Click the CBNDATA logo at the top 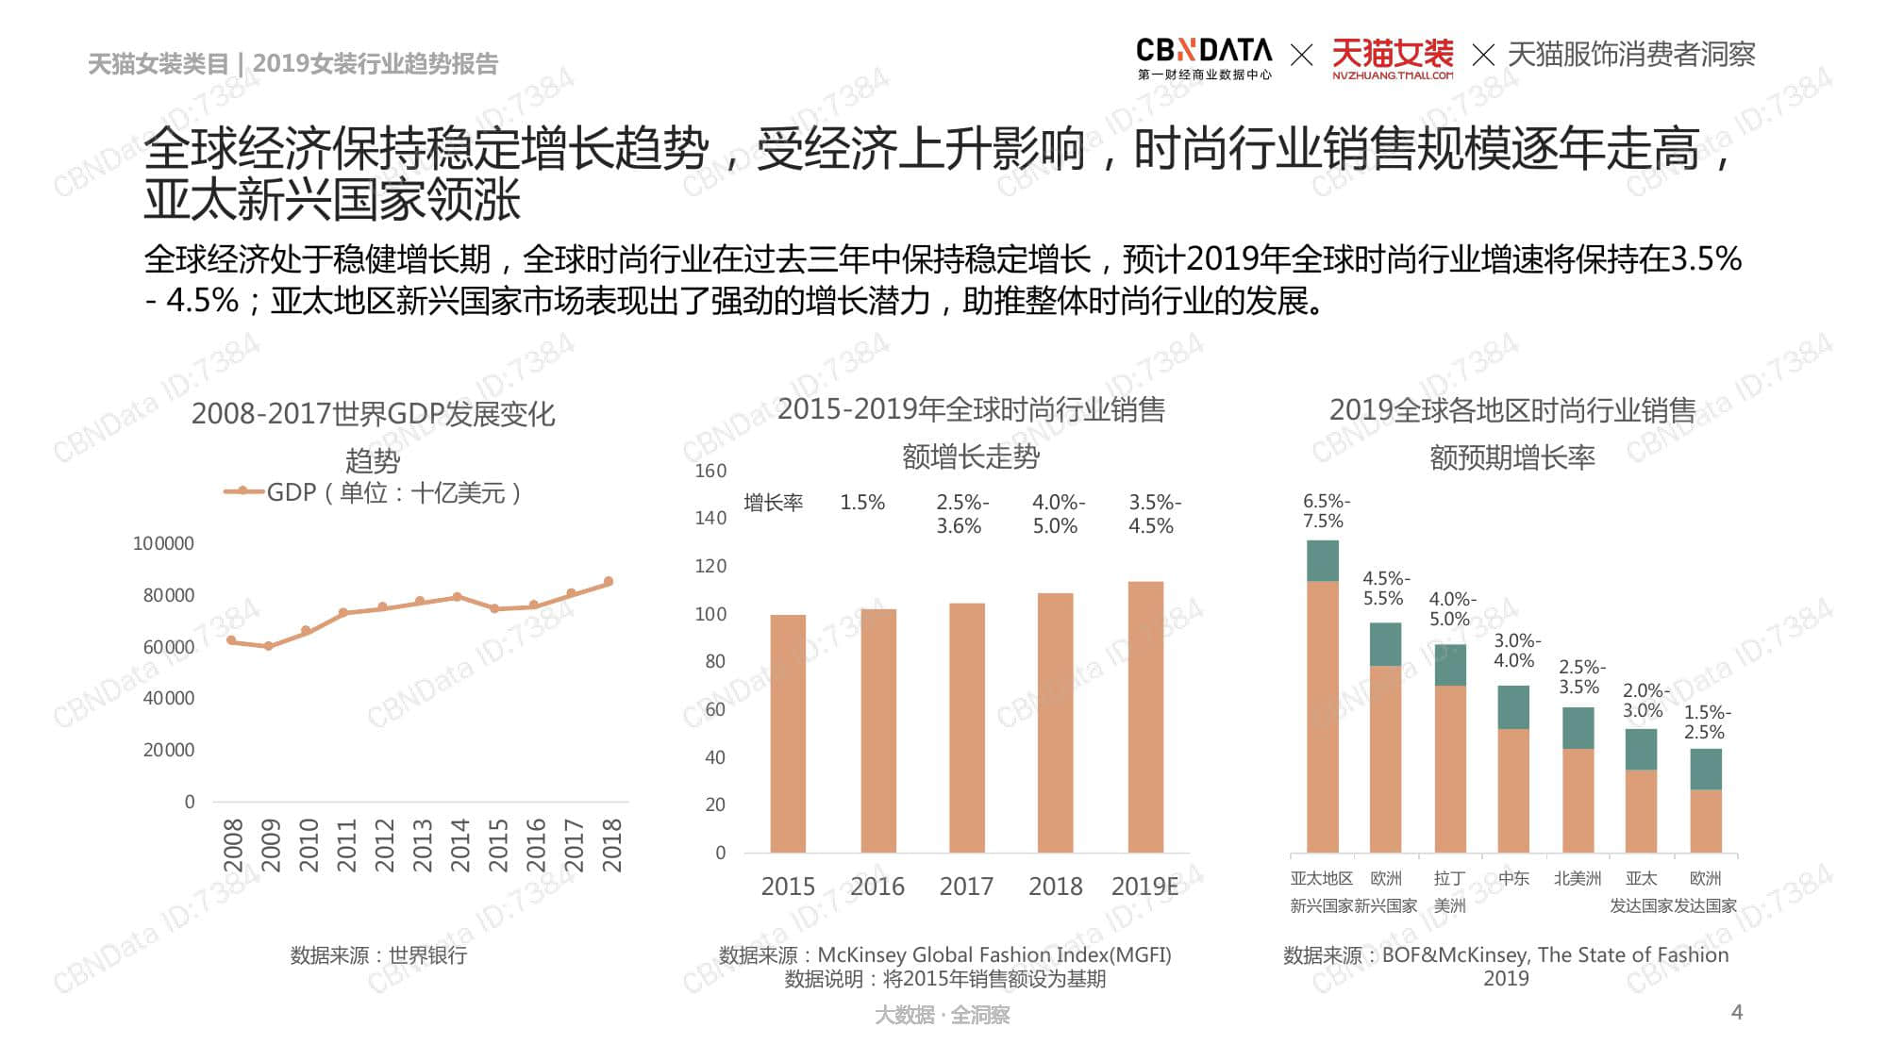click(1203, 57)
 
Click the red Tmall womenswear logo click(1392, 57)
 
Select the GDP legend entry click(373, 492)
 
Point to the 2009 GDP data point click(269, 646)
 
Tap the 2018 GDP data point click(609, 582)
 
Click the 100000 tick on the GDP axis click(163, 543)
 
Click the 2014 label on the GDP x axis click(459, 844)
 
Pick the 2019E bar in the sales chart click(1145, 717)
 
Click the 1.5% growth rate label click(862, 503)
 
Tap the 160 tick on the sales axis click(710, 471)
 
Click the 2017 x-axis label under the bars click(966, 887)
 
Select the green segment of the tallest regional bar click(1322, 560)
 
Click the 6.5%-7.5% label click(1326, 510)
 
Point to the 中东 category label click(1513, 878)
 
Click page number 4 click(1737, 1012)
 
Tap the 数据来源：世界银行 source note click(378, 955)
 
